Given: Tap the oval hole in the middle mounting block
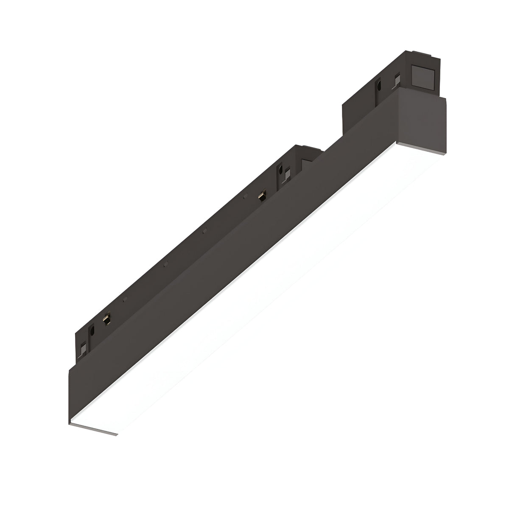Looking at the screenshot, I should click(280, 171).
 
